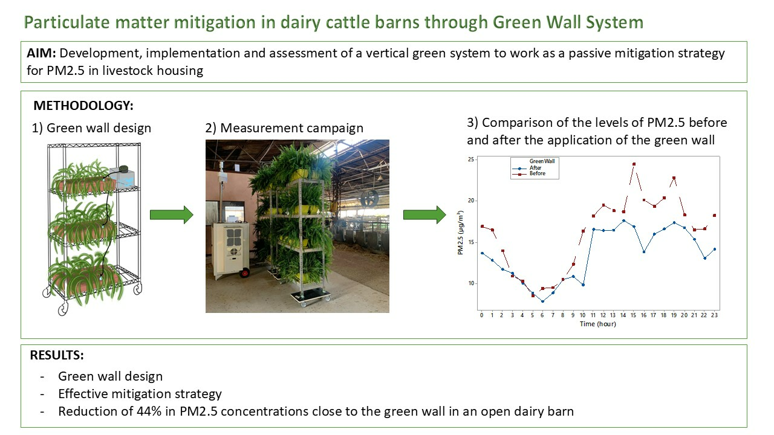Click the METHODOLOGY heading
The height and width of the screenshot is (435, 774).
coord(83,106)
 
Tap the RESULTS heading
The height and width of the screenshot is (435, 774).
coord(57,355)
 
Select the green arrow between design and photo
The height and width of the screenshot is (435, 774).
coord(171,214)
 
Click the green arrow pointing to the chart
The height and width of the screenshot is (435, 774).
coord(424,214)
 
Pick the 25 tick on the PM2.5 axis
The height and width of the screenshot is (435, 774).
coord(471,159)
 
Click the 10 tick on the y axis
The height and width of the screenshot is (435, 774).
coord(471,283)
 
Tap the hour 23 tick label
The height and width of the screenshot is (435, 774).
coord(714,315)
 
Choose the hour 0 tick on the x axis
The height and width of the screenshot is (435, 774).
coord(482,315)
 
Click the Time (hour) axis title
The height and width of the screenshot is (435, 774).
coord(598,324)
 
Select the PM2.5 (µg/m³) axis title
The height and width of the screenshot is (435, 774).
coord(460,233)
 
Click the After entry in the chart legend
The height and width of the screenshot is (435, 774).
coord(535,168)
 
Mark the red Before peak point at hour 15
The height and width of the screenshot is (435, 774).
coord(634,164)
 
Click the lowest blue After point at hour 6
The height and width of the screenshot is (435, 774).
coord(542,301)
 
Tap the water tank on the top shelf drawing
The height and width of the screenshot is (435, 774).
coord(122,177)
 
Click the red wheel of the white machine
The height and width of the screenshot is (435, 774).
coord(245,273)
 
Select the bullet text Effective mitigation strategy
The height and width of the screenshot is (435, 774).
coord(140,394)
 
